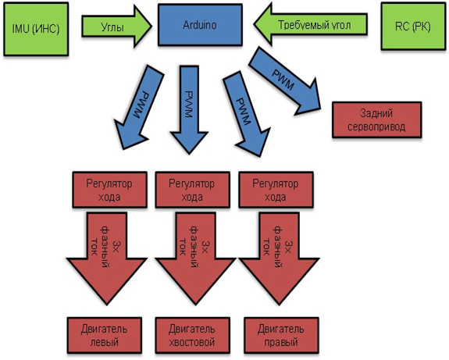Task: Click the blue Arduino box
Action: [x=200, y=25]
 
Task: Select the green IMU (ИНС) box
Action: [x=36, y=29]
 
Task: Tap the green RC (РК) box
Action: [x=413, y=27]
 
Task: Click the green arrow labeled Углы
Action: [x=116, y=27]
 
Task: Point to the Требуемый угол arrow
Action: [x=311, y=24]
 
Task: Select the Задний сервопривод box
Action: [x=377, y=119]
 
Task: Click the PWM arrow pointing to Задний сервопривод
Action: [x=285, y=82]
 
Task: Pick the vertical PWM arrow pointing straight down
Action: [x=189, y=109]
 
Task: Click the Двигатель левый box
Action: [x=105, y=335]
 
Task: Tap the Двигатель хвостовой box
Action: [x=192, y=335]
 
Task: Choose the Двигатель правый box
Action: [x=281, y=335]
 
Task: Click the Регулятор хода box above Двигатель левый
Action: [x=109, y=190]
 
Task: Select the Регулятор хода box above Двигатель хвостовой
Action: [x=192, y=190]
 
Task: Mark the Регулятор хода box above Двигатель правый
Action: [x=276, y=190]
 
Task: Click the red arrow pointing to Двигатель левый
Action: [x=106, y=258]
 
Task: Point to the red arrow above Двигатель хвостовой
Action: [x=195, y=258]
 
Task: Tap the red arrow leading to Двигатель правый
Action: [x=280, y=258]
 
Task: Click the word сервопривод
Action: [x=376, y=127]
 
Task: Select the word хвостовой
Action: [x=192, y=342]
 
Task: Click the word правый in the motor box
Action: [x=281, y=342]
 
